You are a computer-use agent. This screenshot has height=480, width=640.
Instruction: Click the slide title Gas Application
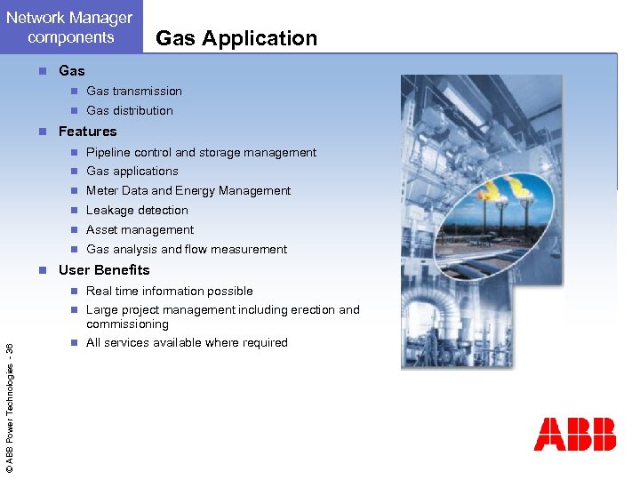point(236,38)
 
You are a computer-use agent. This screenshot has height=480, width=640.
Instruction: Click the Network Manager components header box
point(70,27)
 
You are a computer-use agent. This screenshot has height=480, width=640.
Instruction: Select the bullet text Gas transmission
point(133,91)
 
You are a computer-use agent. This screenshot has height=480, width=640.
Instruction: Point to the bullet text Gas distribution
point(129,110)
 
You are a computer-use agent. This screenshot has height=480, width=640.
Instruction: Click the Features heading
point(87,132)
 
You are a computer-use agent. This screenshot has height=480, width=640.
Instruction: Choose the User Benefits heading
point(104,270)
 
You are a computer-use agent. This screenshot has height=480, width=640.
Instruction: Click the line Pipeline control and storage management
point(201,152)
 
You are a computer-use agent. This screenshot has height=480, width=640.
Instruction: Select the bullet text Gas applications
point(132,171)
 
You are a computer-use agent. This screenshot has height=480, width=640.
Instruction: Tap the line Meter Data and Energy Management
point(188,190)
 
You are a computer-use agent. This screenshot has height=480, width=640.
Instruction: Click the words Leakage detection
point(137,210)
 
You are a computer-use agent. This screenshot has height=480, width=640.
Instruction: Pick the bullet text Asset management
point(140,229)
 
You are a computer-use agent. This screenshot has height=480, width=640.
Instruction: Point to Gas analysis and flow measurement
point(187,249)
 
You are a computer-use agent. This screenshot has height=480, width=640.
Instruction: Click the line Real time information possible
point(169,291)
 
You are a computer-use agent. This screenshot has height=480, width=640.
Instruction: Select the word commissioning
point(127,324)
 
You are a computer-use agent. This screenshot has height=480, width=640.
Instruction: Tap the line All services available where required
point(187,342)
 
